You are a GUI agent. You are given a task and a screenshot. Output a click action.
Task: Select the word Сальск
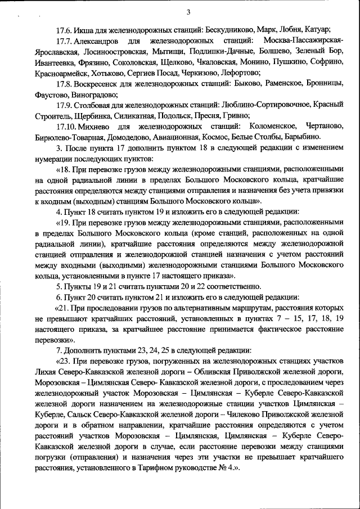pyautogui.click(x=79, y=415)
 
